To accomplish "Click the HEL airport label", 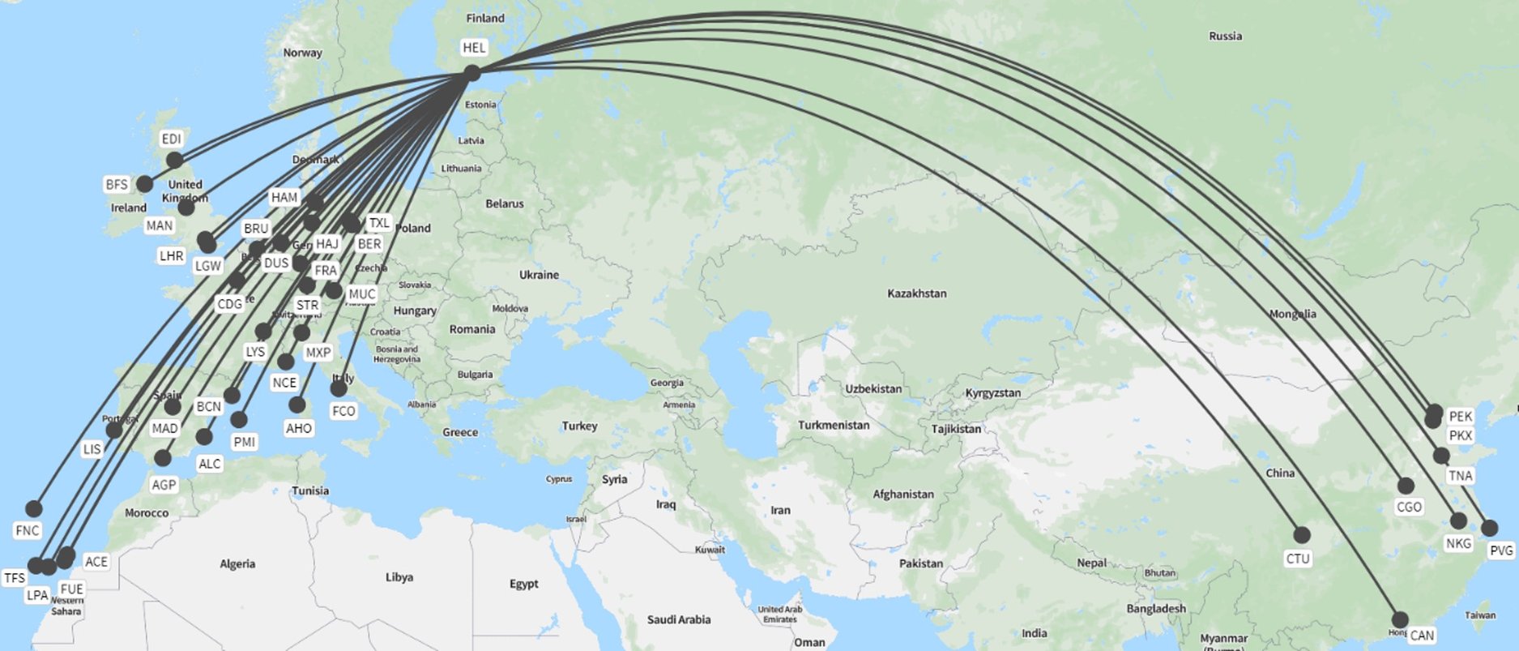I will [474, 48].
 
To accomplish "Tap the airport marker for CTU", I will [1301, 535].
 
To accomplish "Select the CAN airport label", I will [1421, 636].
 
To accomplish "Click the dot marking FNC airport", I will [33, 508].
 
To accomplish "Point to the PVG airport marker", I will [1489, 528].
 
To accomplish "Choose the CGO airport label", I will [1409, 507].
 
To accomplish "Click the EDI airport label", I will [171, 139].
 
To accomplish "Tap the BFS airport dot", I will [144, 184].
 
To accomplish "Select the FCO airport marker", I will [339, 389].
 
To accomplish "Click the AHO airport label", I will [298, 428].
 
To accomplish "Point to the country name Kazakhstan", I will [916, 293].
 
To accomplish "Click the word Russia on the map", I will [1225, 36].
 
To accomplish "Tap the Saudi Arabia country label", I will [678, 619].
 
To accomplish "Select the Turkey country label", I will [579, 426].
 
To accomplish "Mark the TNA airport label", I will [1460, 476].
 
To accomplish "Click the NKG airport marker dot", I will [1457, 520].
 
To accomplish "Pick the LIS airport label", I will [92, 449].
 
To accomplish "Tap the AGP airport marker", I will [163, 458].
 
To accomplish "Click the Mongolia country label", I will [1292, 314].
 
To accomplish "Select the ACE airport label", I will [96, 562].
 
